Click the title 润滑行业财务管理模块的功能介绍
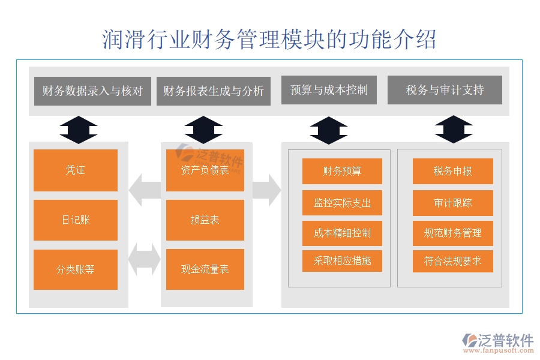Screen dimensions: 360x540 click(269, 39)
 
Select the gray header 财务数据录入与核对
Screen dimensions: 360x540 click(92, 91)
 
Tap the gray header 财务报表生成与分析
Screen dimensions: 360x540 click(214, 91)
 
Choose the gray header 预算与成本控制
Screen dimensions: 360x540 click(329, 90)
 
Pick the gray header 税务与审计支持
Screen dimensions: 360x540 click(445, 90)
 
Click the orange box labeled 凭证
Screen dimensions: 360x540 click(76, 170)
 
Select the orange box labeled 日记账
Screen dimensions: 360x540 click(76, 220)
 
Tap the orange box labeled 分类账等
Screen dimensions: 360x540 click(76, 269)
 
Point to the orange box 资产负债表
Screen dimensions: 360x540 click(205, 170)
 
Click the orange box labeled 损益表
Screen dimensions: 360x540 click(205, 220)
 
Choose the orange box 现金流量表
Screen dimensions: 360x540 click(205, 269)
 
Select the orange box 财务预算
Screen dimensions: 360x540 click(342, 171)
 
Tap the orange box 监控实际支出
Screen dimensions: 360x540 click(342, 203)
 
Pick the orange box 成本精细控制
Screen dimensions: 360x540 click(342, 233)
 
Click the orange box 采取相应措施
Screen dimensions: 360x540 click(342, 261)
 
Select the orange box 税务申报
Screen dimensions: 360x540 click(453, 171)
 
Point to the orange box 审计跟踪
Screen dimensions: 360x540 click(453, 203)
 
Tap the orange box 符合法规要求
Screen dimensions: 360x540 click(453, 261)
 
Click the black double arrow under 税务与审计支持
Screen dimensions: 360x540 click(454, 129)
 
